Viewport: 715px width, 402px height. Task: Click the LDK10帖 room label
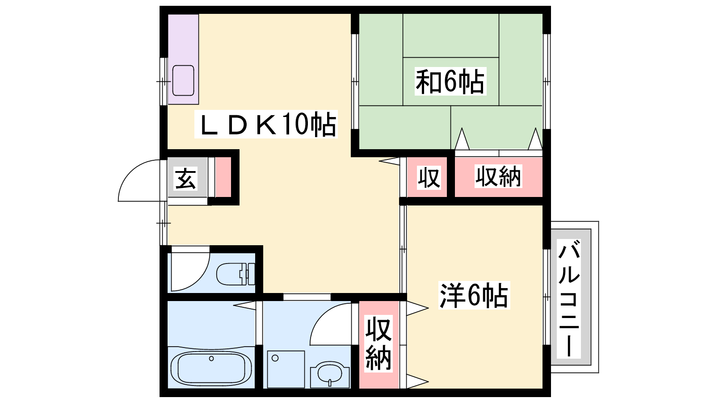266,124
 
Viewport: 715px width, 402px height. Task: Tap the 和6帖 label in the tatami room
450,81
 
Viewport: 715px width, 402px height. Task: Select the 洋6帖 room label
474,295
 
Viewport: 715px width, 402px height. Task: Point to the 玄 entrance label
185,179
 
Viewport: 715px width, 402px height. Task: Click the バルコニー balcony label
568,299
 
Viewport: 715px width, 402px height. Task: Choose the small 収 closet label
429,177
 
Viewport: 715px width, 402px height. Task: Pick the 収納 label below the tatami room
498,176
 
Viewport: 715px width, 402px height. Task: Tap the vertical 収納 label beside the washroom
378,343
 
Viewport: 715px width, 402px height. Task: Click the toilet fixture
236,274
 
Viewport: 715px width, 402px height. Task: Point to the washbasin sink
330,374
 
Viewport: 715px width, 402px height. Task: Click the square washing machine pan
286,369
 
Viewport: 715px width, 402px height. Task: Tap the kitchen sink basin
183,80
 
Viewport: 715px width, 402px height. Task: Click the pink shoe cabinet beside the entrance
223,177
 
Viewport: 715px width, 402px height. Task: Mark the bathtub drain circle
211,359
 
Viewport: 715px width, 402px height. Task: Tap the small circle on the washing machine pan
275,358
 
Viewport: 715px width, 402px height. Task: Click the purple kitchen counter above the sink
183,38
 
